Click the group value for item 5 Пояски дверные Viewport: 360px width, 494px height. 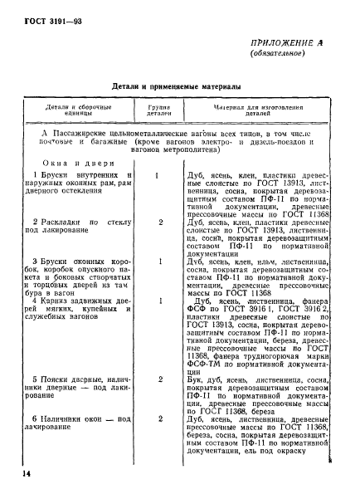[x=158, y=377]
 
